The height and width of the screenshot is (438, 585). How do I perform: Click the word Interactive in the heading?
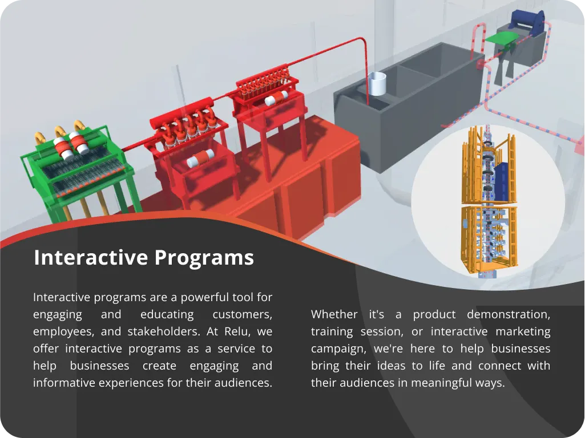91,257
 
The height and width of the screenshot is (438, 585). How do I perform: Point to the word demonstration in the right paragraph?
509,314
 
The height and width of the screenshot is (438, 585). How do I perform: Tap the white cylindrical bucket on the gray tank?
377,84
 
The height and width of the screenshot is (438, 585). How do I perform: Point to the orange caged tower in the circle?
489,201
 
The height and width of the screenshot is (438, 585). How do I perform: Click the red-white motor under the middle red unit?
200,158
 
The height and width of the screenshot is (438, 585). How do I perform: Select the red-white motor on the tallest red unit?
276,98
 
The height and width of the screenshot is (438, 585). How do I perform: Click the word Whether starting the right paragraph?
334,314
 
